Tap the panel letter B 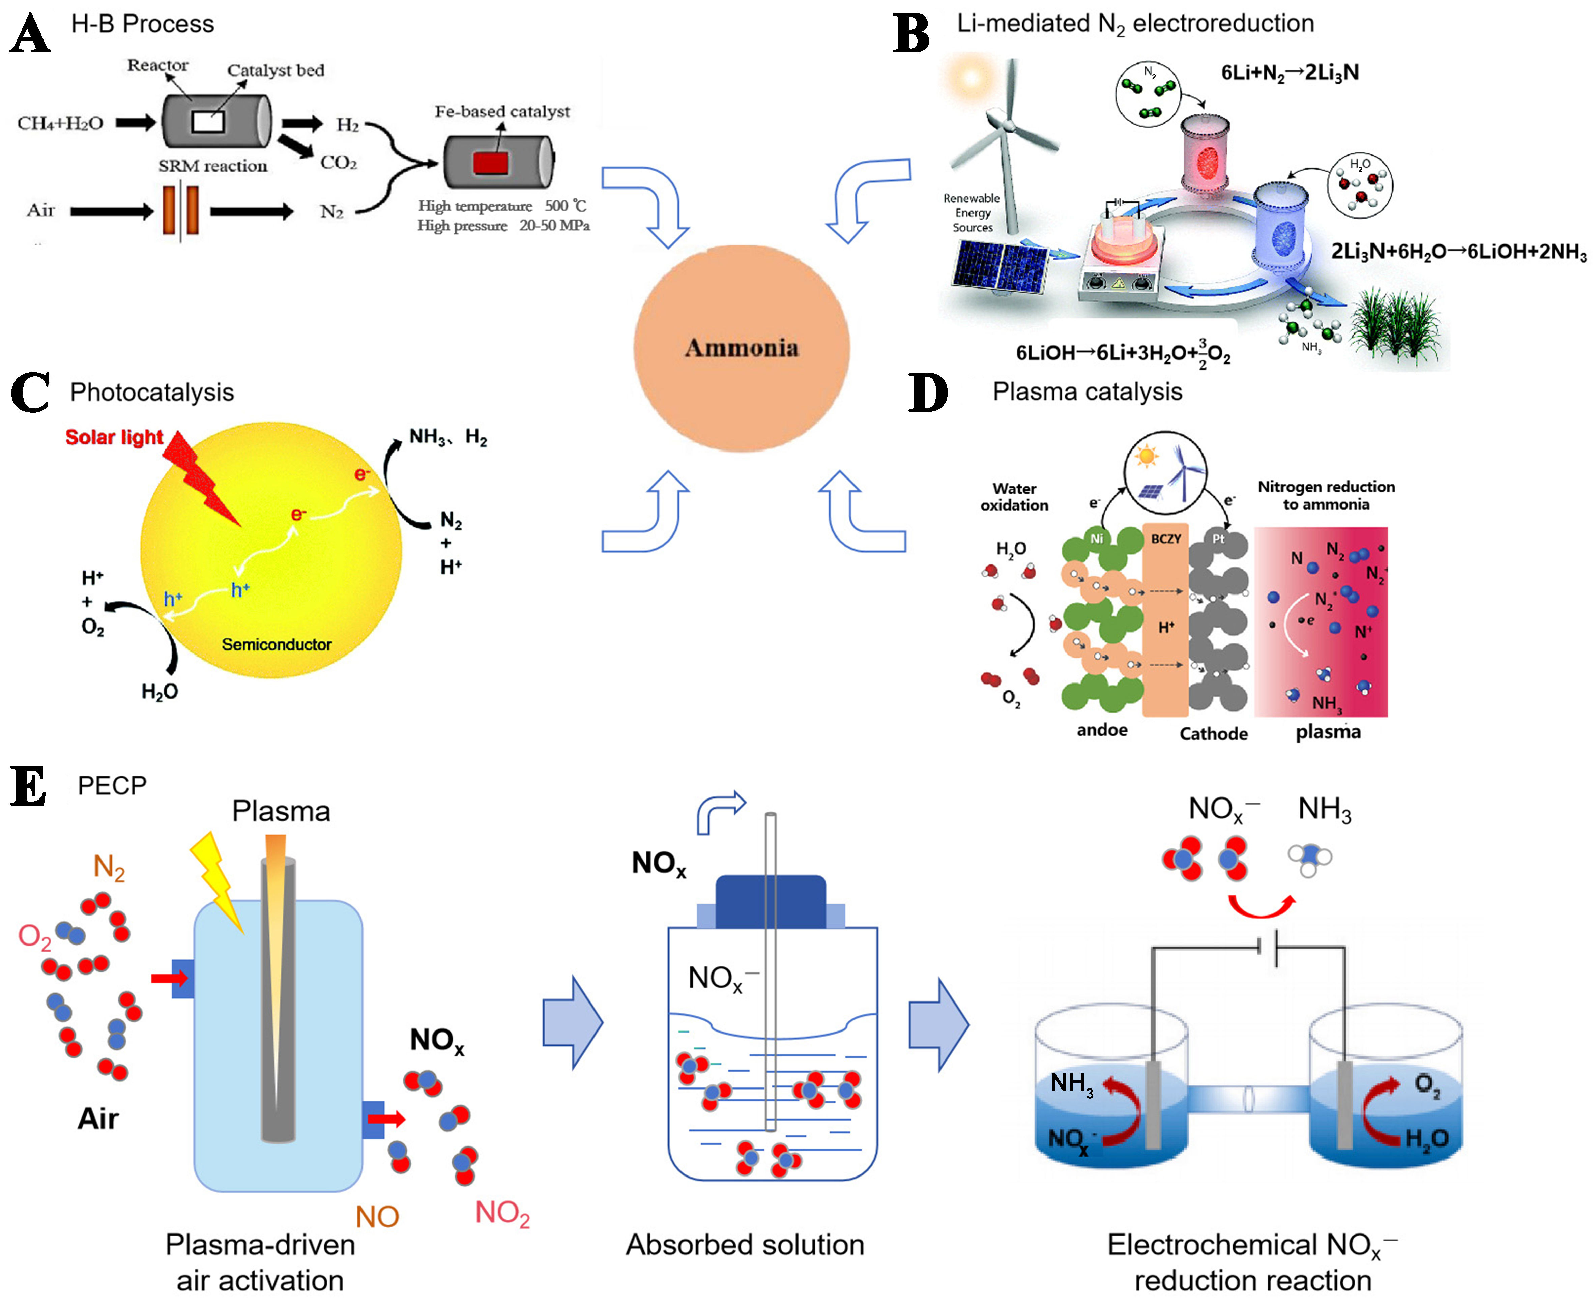point(911,34)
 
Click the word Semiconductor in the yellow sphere point(276,644)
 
